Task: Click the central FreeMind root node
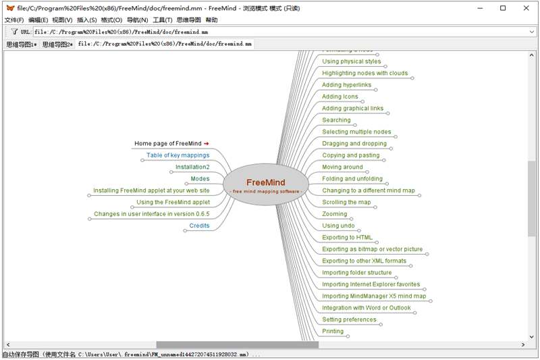[x=265, y=183]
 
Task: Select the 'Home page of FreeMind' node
[x=167, y=143]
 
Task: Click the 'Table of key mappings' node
[x=178, y=155]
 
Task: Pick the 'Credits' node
[x=199, y=226]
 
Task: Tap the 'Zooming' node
[x=335, y=214]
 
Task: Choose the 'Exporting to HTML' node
[x=347, y=238]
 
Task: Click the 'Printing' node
[x=333, y=332]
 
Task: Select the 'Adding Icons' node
[x=340, y=97]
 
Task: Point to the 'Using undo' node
[x=338, y=226]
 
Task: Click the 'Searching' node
[x=336, y=120]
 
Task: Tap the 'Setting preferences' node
[x=349, y=319]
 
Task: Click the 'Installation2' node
[x=192, y=167]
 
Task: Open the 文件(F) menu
[x=14, y=20]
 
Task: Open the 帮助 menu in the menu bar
[x=211, y=20]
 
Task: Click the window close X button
[x=524, y=8]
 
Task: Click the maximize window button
[x=503, y=8]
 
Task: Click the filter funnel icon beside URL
[x=14, y=31]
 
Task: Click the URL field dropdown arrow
[x=532, y=31]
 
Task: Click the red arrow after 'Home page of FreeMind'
[x=207, y=143]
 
